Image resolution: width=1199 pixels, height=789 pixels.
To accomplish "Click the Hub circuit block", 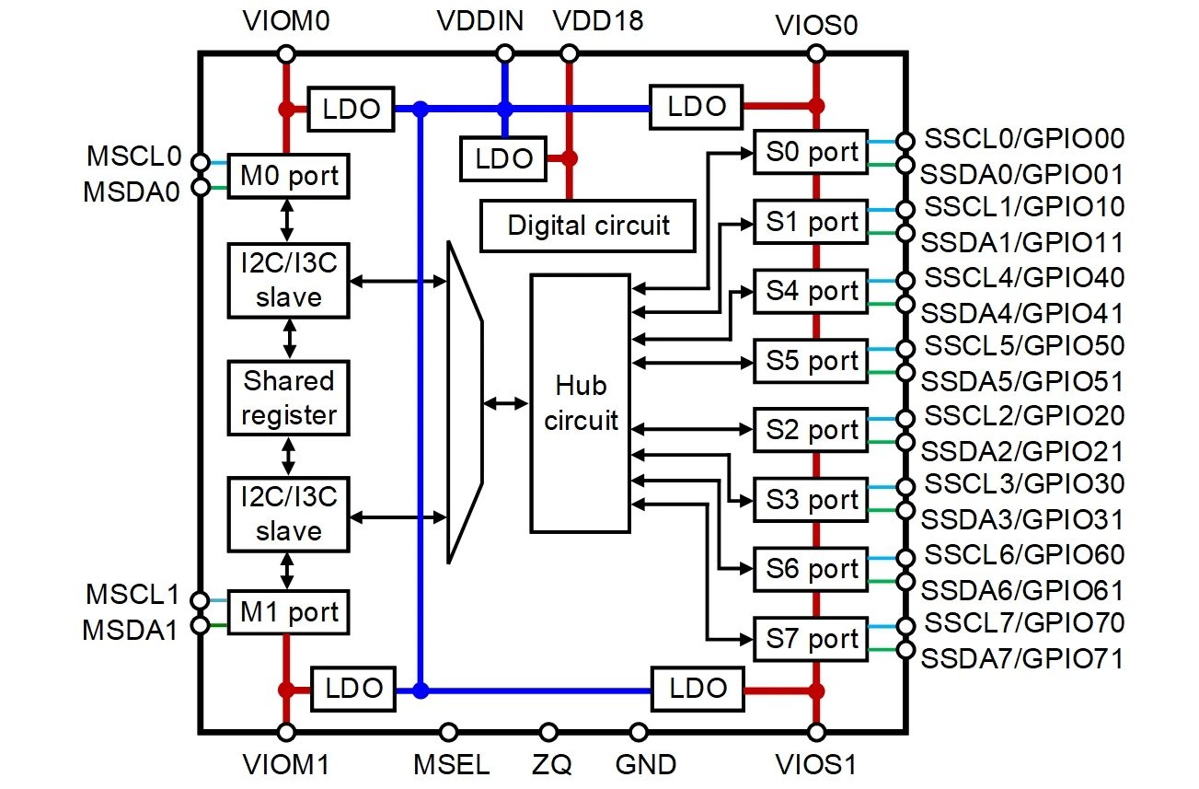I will click(x=581, y=402).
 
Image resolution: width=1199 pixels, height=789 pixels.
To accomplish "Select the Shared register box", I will click(x=289, y=398).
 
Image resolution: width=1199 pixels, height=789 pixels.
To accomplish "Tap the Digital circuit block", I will click(x=588, y=225).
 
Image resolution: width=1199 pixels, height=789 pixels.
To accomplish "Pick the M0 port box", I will click(x=289, y=174).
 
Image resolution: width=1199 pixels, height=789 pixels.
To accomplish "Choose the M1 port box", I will click(x=289, y=611).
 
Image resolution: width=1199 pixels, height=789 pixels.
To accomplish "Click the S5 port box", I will click(x=810, y=360).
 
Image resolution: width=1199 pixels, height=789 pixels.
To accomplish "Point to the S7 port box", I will click(x=810, y=638).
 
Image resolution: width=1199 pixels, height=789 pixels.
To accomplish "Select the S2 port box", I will click(x=810, y=430).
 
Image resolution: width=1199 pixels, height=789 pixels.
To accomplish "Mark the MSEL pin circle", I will click(x=448, y=732).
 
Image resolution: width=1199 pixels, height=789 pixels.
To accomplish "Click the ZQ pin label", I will click(x=550, y=764).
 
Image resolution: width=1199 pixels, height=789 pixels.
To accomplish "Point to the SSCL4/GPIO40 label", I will click(x=1023, y=277).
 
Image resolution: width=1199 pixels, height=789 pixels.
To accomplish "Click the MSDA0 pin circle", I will click(x=200, y=189).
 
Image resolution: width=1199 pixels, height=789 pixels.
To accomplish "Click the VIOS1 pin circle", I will click(x=815, y=732).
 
